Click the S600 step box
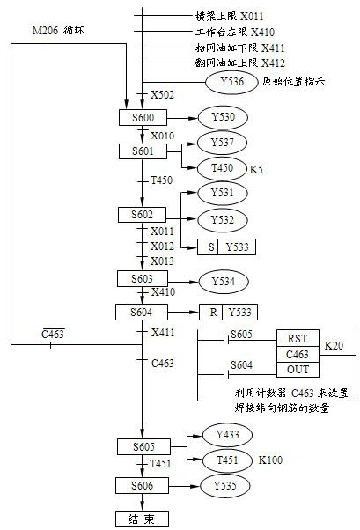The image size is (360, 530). coord(143,118)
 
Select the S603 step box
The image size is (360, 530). coord(143,279)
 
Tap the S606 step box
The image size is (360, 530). coord(142,485)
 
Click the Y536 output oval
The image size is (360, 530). coord(231,82)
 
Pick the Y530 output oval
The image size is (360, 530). coord(223,117)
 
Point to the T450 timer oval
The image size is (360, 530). coord(222,168)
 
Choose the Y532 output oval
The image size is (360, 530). coord(223,220)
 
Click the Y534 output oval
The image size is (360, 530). coord(224,281)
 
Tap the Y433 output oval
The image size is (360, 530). coord(227,434)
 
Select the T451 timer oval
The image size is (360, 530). coord(227,460)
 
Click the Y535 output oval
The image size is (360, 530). coord(224,486)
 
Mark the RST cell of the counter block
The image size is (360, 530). coord(298,338)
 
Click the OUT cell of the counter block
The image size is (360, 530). coord(298,370)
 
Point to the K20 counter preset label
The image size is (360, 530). coord(334,345)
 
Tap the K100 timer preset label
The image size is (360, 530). coord(270,460)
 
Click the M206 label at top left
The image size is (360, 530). coord(45,31)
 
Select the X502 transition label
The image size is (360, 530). coord(162,95)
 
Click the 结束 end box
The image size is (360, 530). coord(142,519)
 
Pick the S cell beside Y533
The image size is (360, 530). coord(211,247)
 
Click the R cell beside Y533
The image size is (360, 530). coord(214,312)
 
